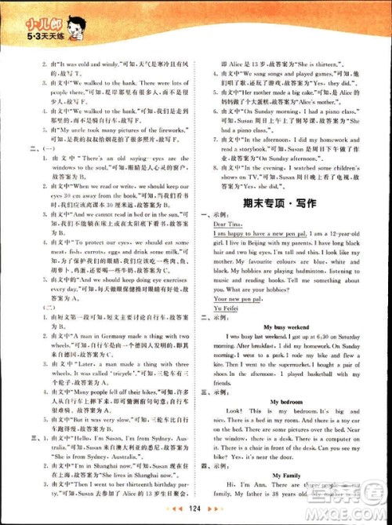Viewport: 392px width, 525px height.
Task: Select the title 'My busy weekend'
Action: [x=285, y=324]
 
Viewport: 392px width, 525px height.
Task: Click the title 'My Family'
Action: [x=285, y=476]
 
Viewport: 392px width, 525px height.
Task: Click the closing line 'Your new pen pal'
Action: [x=238, y=298]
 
